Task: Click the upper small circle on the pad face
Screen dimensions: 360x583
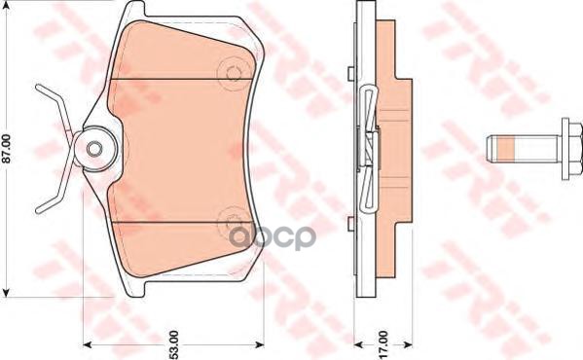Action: point(231,73)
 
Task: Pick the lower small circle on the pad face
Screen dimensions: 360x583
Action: point(231,220)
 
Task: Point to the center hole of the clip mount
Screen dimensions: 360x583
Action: point(94,149)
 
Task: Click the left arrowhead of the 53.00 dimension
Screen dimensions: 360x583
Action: point(87,343)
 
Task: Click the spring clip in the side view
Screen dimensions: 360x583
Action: point(367,146)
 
